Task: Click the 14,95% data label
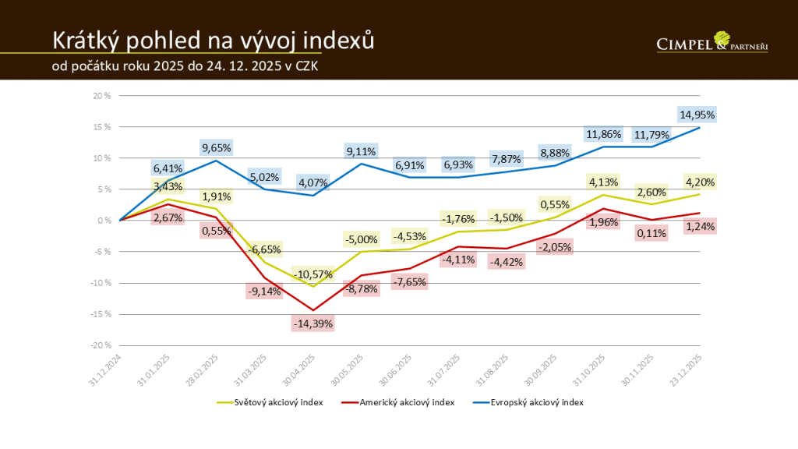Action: coord(696,115)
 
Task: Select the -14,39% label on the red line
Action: coord(313,323)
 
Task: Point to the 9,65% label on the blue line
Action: coord(217,147)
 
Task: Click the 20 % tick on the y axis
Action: coord(103,96)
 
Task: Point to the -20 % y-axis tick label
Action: coord(101,345)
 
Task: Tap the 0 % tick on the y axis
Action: coord(105,221)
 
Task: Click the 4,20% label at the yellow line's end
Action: coord(698,182)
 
